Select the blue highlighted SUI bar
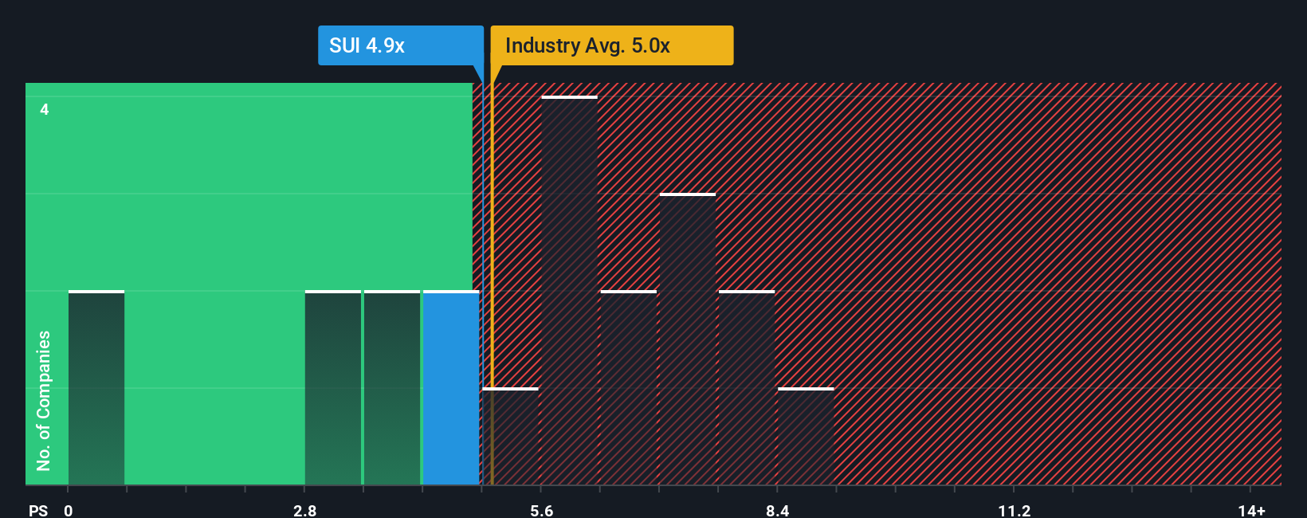click(x=451, y=388)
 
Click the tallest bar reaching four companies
click(x=569, y=291)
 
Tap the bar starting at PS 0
click(x=96, y=388)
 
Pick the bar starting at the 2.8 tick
click(x=333, y=388)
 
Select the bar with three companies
click(x=688, y=339)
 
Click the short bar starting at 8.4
click(x=806, y=437)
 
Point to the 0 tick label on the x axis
click(x=69, y=511)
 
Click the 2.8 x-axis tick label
click(x=304, y=511)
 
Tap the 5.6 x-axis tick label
click(x=541, y=511)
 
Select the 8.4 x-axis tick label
click(x=777, y=511)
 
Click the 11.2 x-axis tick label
click(x=1014, y=511)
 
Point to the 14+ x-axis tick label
click(x=1251, y=511)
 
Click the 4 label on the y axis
click(x=45, y=109)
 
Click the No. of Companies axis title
click(x=44, y=400)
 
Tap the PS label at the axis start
click(x=38, y=511)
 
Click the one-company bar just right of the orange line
click(x=511, y=437)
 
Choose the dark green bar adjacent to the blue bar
click(x=392, y=388)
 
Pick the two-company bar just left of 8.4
click(x=747, y=388)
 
